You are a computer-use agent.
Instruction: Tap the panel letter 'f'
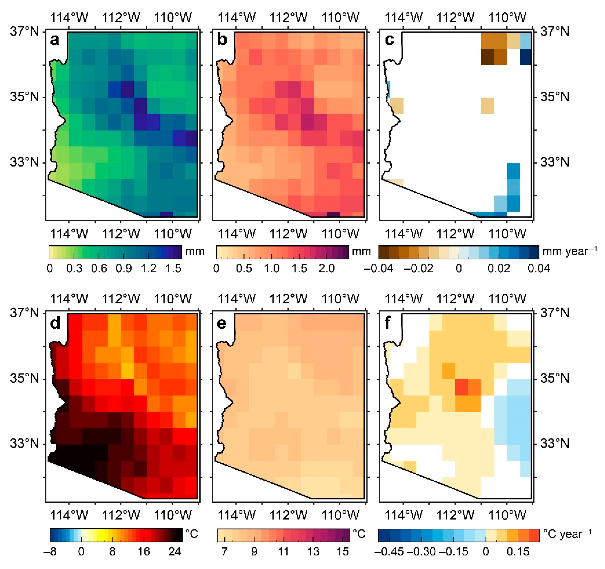click(x=387, y=323)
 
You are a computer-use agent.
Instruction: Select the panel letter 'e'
click(x=222, y=323)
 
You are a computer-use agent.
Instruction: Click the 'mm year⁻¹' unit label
click(x=569, y=252)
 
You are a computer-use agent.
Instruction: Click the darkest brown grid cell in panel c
click(x=487, y=57)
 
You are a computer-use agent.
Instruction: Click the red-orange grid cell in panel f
click(x=462, y=387)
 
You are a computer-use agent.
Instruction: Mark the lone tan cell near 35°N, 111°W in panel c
click(x=487, y=106)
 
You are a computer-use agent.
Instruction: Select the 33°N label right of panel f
click(x=554, y=444)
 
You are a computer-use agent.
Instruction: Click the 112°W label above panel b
click(x=288, y=18)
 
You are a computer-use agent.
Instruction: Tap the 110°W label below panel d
click(x=173, y=515)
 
